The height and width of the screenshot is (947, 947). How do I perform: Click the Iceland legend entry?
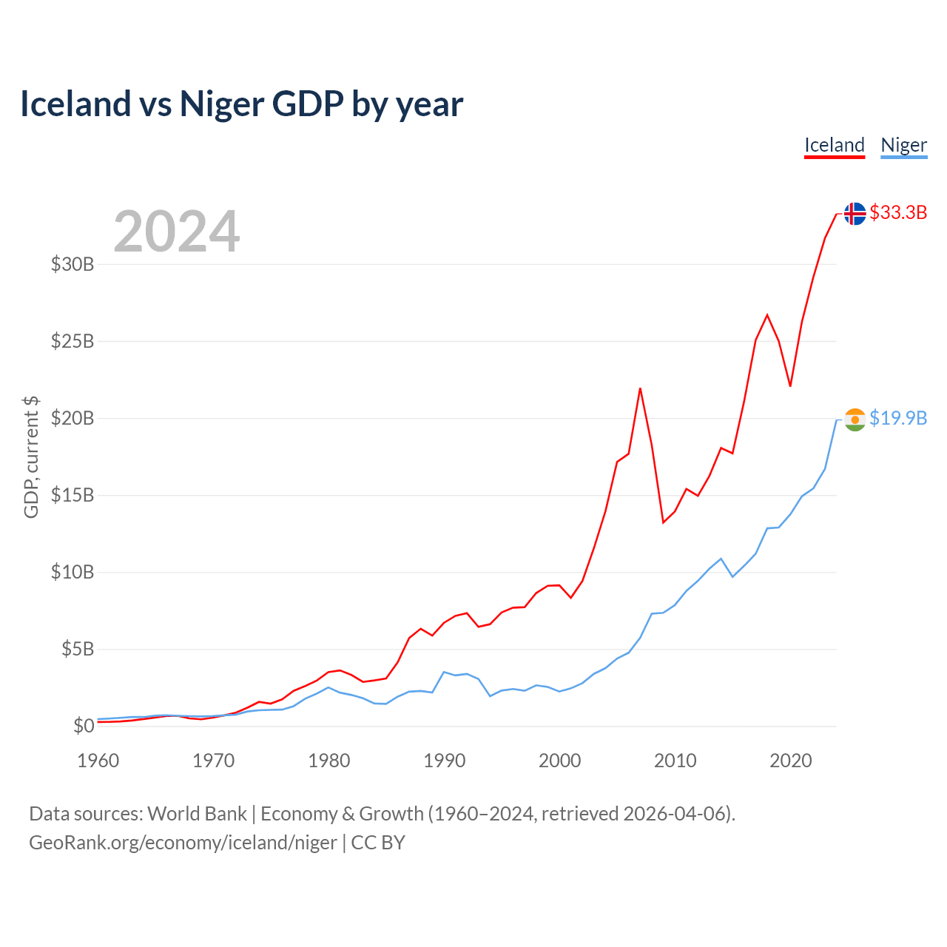pos(835,145)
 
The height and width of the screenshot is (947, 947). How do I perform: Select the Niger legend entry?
pos(903,145)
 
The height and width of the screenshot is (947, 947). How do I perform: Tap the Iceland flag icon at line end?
pos(855,213)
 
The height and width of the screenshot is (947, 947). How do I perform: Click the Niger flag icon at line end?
pos(855,419)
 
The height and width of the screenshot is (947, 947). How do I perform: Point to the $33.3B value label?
pos(898,213)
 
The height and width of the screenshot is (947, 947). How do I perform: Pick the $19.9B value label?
pos(898,419)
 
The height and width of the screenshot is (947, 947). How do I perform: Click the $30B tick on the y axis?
pos(73,264)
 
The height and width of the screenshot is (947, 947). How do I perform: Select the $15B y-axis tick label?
pos(73,495)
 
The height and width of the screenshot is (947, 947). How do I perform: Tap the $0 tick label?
pos(84,726)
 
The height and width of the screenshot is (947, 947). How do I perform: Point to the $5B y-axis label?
pos(78,650)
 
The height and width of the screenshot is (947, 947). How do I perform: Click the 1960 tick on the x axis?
pos(98,761)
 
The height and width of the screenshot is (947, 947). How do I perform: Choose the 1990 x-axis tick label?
pos(445,761)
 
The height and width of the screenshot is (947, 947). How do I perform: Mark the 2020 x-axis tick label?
pos(790,761)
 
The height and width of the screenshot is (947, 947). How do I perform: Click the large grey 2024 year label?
pos(177,232)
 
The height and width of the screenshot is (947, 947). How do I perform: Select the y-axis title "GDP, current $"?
pos(31,457)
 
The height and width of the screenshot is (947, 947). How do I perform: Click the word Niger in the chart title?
pos(222,104)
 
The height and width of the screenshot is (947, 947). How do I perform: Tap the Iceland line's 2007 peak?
pos(640,388)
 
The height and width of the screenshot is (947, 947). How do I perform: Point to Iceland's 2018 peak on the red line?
pos(767,315)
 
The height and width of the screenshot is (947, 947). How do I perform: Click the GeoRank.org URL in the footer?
pos(183,843)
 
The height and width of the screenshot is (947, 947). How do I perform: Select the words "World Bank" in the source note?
pos(197,814)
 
